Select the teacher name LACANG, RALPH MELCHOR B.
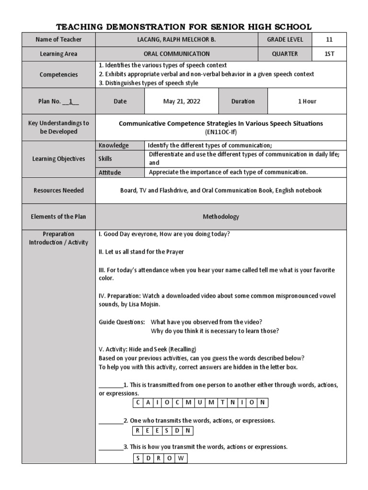[x=177, y=40]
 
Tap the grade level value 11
[x=329, y=40]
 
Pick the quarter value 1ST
[x=329, y=54]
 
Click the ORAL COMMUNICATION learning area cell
[x=177, y=54]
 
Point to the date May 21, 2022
[x=181, y=101]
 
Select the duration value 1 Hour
[x=307, y=101]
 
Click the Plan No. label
[x=58, y=101]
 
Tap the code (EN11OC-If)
[x=220, y=131]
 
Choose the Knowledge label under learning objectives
[x=114, y=145]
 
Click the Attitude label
[x=110, y=172]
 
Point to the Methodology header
[x=220, y=217]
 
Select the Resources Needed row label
[x=58, y=190]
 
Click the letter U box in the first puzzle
[x=200, y=402]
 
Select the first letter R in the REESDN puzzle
[x=138, y=431]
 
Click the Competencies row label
[x=58, y=75]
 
